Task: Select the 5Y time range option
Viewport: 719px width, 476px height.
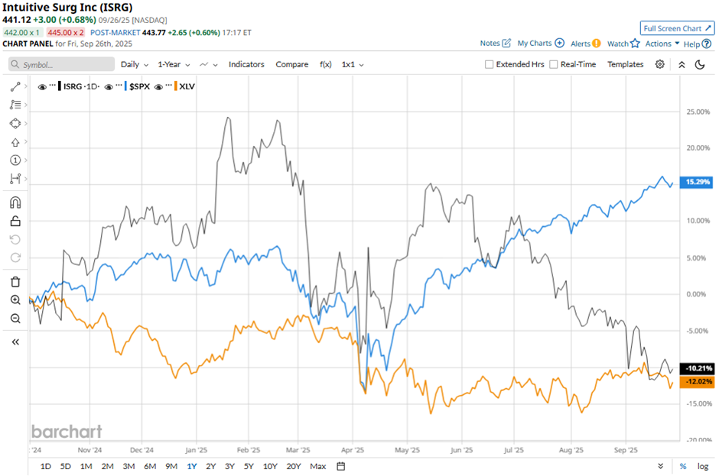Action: [x=249, y=466]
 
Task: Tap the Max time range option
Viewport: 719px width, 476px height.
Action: [x=318, y=466]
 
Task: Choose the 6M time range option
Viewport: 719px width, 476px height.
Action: [x=150, y=466]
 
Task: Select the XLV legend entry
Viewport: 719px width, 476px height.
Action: [x=186, y=86]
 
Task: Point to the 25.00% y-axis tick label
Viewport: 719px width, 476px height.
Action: [x=696, y=112]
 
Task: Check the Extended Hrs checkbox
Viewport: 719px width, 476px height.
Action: [x=490, y=65]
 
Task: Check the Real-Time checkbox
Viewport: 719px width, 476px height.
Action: [x=554, y=65]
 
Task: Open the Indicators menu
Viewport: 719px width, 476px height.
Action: [x=246, y=65]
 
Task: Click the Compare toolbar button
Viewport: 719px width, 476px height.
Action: [x=291, y=65]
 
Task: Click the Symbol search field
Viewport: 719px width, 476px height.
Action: [x=61, y=65]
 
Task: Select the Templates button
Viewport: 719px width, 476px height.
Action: [x=625, y=65]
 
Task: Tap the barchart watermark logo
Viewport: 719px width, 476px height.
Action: [x=67, y=432]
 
